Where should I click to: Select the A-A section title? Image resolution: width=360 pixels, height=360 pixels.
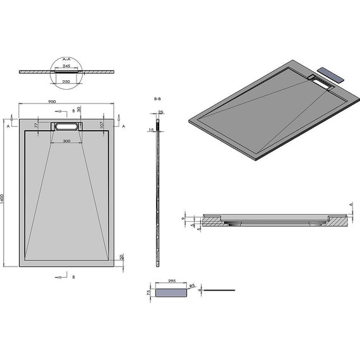tap(66, 58)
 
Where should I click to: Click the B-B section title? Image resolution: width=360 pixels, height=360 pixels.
tap(157, 100)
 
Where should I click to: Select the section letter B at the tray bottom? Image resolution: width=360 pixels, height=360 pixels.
tap(74, 277)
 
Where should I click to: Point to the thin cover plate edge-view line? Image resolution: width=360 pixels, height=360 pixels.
tap(219, 290)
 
